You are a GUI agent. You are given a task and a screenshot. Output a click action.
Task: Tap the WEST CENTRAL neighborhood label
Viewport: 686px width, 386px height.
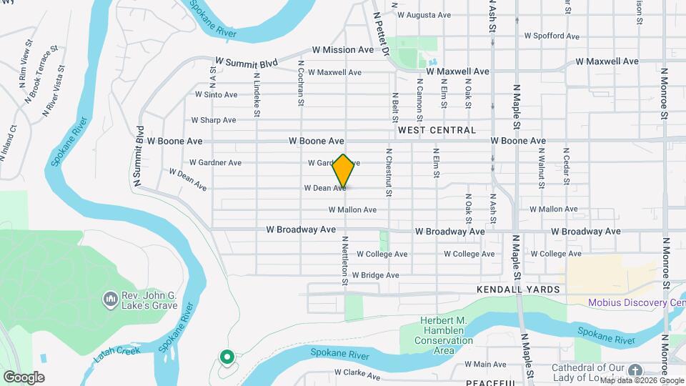click(437, 130)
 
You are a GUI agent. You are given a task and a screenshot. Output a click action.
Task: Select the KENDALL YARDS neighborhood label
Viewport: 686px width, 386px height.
click(517, 289)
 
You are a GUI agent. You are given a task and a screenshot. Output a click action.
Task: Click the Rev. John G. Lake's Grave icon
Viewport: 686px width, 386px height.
click(110, 297)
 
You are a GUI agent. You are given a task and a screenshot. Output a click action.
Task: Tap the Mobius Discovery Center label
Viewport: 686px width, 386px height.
click(636, 302)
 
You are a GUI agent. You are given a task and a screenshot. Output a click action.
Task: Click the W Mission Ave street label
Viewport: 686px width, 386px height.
click(343, 50)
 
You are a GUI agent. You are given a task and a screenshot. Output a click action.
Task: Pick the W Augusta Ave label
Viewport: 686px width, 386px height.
click(424, 14)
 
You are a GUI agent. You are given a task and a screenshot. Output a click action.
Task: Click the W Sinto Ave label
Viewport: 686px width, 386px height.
click(216, 94)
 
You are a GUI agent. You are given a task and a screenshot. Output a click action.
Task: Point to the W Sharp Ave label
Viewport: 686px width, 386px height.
click(214, 120)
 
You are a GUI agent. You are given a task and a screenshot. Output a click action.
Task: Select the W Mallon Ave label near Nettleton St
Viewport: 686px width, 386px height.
click(352, 210)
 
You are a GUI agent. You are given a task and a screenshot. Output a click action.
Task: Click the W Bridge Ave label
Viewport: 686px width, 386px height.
click(377, 275)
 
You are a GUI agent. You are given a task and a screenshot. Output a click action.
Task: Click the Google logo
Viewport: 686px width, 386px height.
click(24, 377)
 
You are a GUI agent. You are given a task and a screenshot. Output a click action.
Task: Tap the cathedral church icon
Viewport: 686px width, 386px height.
click(636, 370)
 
